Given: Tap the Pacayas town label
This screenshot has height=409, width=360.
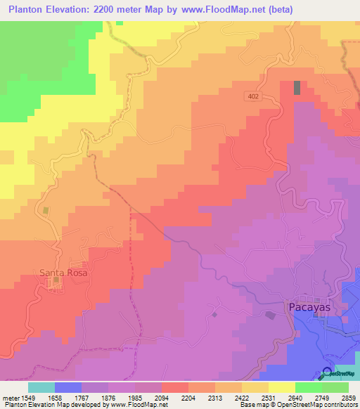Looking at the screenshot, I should (x=309, y=307).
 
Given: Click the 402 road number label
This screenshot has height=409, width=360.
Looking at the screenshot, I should (x=253, y=96).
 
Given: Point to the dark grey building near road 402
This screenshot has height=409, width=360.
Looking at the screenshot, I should (x=297, y=88).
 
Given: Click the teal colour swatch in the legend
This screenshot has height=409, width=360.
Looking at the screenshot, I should (x=41, y=387).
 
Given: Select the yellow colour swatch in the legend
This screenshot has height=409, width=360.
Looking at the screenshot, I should (x=282, y=387).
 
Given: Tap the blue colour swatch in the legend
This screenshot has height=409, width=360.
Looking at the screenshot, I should (x=68, y=387).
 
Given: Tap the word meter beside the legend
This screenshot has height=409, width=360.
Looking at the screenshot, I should (x=9, y=397).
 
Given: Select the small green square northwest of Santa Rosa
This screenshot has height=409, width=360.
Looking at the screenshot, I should (x=46, y=210).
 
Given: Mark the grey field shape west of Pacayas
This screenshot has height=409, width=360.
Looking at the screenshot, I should (x=270, y=315).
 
